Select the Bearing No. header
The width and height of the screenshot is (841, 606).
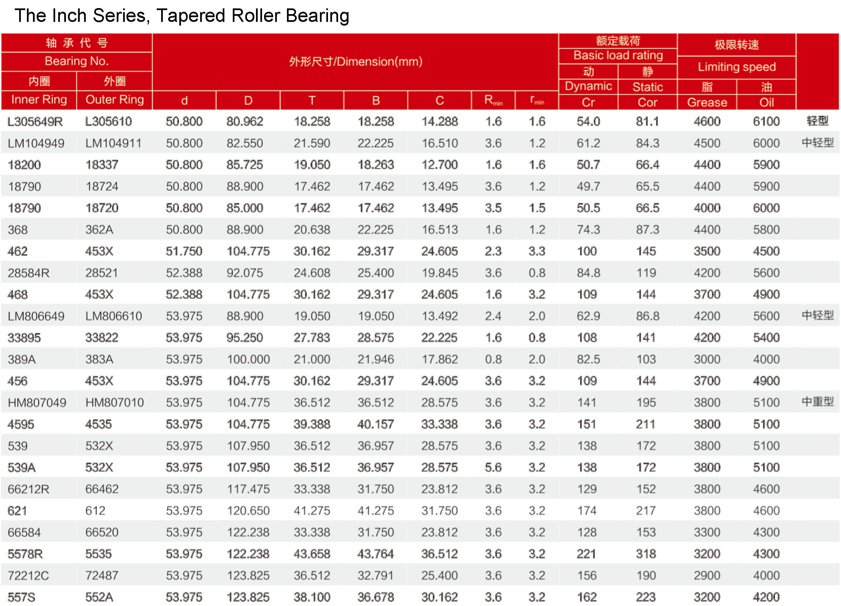(x=77, y=61)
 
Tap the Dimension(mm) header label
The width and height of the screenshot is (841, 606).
(x=356, y=61)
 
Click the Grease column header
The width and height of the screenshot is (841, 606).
(x=707, y=102)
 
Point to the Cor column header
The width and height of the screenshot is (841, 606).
(x=648, y=102)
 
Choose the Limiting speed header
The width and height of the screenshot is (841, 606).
(x=736, y=67)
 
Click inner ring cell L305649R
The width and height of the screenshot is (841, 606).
(x=35, y=121)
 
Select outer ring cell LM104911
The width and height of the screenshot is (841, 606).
(x=113, y=143)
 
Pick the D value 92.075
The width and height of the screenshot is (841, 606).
(x=245, y=273)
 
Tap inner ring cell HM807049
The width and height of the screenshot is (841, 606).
(x=37, y=402)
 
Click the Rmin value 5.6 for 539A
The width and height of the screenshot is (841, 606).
(x=493, y=467)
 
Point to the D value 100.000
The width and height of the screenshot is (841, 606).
(x=249, y=359)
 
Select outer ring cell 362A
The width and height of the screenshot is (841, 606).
(x=99, y=229)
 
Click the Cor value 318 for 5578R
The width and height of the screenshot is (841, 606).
(x=646, y=554)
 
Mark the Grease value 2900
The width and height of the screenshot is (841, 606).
(x=707, y=575)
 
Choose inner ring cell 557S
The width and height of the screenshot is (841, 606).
(x=22, y=597)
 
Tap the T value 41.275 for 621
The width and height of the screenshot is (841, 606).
(x=312, y=511)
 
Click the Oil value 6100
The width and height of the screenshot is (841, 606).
(x=766, y=121)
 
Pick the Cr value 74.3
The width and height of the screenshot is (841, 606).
(x=588, y=229)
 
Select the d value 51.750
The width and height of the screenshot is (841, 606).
(x=184, y=251)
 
